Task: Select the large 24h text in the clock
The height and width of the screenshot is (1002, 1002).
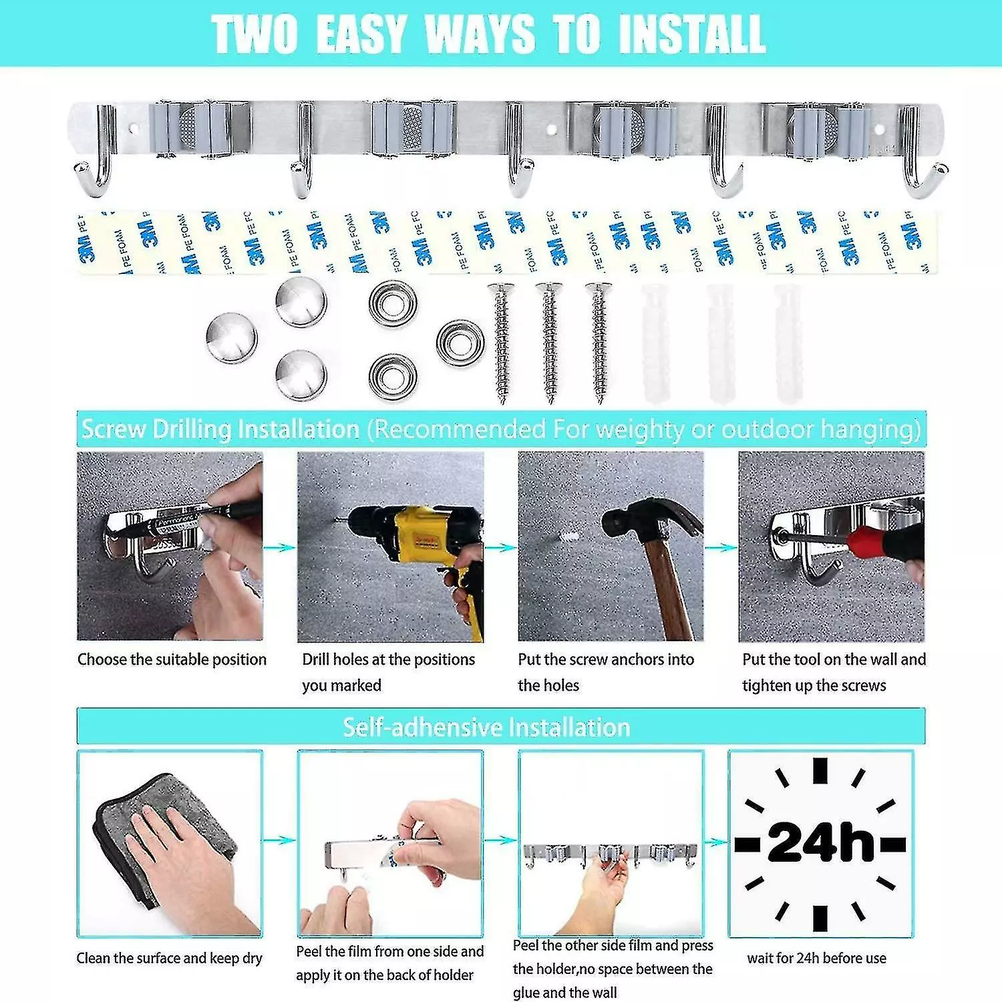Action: tap(820, 843)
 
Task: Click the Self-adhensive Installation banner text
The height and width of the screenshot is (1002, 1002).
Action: tap(486, 727)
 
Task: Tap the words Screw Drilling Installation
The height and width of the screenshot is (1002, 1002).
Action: tap(220, 429)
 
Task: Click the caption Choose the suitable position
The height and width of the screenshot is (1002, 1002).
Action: tap(172, 659)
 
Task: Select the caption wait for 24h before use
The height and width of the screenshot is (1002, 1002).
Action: tap(816, 958)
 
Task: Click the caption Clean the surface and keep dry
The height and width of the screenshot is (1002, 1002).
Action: tap(169, 958)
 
